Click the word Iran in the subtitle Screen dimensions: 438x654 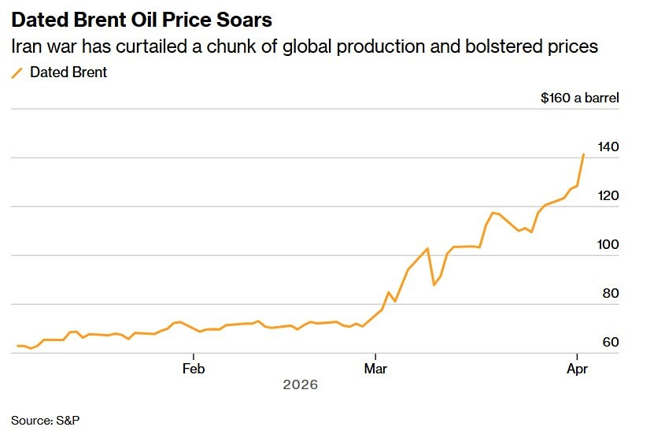[26, 46]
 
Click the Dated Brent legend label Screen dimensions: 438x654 [68, 72]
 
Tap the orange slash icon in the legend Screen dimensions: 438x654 [17, 72]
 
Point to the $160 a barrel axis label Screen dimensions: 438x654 [579, 98]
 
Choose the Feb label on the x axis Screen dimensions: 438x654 [194, 368]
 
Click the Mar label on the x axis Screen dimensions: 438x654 [376, 368]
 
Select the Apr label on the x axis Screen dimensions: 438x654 [577, 368]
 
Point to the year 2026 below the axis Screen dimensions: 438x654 [300, 385]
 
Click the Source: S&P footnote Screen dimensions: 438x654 [46, 420]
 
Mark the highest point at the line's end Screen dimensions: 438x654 [583, 154]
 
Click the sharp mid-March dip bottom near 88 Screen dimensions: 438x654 [434, 284]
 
